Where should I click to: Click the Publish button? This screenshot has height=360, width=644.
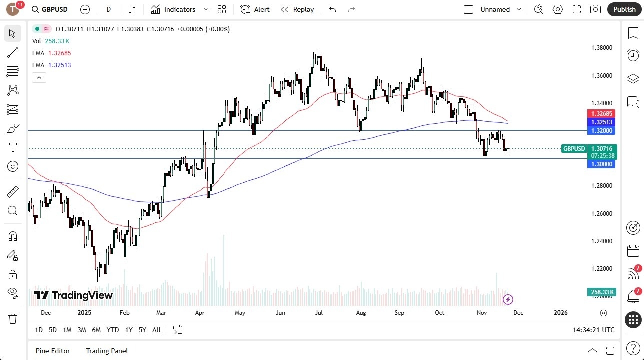624,9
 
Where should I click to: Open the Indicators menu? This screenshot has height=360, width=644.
173,9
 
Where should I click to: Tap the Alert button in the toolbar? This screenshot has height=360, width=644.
255,9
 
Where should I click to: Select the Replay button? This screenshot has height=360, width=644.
297,9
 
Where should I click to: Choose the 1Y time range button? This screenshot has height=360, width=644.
129,330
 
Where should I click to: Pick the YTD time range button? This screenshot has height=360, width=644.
113,330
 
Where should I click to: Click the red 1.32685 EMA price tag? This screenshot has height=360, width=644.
602,114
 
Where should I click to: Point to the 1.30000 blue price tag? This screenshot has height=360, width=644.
601,164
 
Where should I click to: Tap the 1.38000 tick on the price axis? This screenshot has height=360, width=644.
601,48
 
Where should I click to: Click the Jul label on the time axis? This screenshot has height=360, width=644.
319,313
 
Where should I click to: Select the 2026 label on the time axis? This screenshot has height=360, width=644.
561,313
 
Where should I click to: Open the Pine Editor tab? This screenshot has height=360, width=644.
53,351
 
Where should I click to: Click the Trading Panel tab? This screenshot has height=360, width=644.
107,351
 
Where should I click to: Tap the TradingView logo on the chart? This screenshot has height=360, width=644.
73,295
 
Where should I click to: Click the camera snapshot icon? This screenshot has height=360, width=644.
595,9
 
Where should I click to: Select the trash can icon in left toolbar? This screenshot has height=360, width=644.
13,319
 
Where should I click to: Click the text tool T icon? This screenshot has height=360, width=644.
13,147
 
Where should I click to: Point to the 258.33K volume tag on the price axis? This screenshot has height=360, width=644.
602,292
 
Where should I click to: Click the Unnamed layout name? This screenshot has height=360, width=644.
495,9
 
